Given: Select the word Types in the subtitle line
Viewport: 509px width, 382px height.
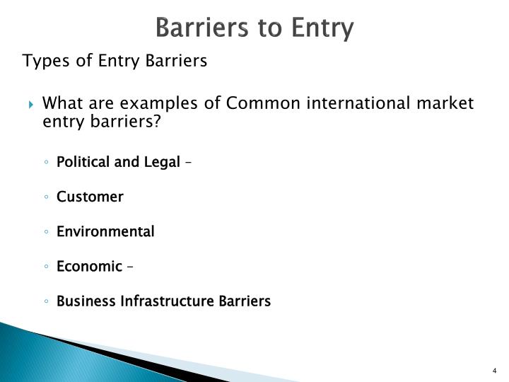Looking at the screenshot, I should pyautogui.click(x=46, y=61).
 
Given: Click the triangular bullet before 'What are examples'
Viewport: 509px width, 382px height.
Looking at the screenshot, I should pyautogui.click(x=32, y=105).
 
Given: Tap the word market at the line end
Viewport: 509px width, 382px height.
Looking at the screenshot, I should pyautogui.click(x=444, y=103).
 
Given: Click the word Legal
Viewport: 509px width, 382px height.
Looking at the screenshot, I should pyautogui.click(x=162, y=162).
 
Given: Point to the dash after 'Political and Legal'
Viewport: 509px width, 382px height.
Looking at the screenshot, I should pyautogui.click(x=188, y=163).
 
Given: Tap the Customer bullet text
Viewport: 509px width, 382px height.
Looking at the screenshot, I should pyautogui.click(x=90, y=197).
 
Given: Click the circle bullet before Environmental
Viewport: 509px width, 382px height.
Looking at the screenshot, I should pyautogui.click(x=45, y=232).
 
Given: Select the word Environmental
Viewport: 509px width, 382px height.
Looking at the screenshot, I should pyautogui.click(x=105, y=231).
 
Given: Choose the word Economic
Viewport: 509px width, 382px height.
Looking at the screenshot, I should pyautogui.click(x=89, y=266).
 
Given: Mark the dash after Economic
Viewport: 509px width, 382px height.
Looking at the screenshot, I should pyautogui.click(x=130, y=267).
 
